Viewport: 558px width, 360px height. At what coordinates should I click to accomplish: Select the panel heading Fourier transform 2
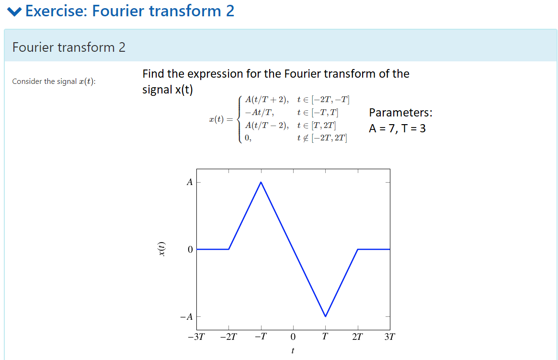69,47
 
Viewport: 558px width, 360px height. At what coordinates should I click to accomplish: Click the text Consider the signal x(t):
54,81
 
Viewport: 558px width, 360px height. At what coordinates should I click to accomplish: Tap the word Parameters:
400,113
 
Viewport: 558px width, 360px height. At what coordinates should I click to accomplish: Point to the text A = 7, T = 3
397,128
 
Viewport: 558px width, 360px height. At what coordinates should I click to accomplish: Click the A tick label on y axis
190,182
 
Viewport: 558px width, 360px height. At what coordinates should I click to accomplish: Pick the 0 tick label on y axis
190,250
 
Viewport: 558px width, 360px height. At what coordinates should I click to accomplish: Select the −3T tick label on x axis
196,337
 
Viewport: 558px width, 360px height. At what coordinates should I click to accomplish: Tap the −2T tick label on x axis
228,337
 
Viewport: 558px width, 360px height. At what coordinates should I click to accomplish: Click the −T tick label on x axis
261,337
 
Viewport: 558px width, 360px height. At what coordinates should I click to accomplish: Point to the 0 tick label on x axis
293,337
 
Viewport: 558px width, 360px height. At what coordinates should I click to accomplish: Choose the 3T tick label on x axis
390,337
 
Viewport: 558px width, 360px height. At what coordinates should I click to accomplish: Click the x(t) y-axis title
162,249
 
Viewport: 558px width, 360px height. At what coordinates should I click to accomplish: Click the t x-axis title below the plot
293,351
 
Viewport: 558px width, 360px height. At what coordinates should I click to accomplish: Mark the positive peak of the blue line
261,182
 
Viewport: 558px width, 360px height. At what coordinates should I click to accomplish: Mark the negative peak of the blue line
325,316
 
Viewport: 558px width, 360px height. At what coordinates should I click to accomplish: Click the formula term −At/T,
259,113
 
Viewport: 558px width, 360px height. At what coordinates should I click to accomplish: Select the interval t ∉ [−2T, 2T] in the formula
322,138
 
